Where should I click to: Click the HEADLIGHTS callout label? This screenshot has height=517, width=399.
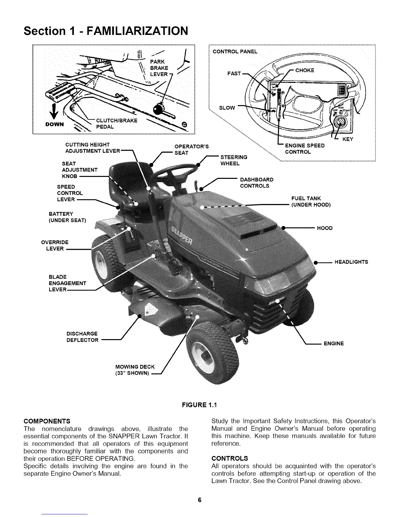pos(351,262)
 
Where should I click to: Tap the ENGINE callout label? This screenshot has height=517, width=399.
pos(333,343)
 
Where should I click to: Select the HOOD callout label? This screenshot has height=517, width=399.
pos(325,228)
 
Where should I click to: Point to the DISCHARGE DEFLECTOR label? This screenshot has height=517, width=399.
pos(82,337)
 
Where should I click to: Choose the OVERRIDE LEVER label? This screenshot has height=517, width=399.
pos(55,245)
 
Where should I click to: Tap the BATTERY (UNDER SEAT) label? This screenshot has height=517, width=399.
pos(67,217)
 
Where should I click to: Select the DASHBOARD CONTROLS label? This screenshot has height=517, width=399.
pos(257,183)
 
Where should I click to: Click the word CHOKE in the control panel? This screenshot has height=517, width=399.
pos(304,70)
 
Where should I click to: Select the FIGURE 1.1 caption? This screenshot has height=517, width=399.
pos(199,405)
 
